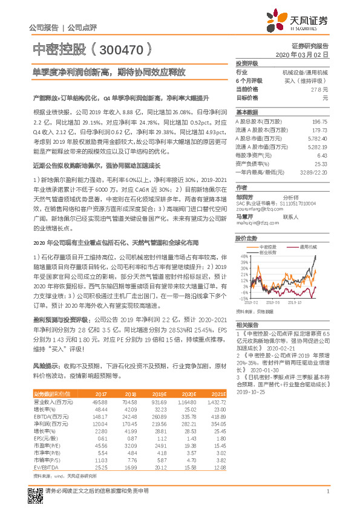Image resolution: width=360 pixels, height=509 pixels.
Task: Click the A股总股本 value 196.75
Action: point(319,122)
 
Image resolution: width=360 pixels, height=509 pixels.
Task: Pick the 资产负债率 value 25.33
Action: point(321,163)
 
